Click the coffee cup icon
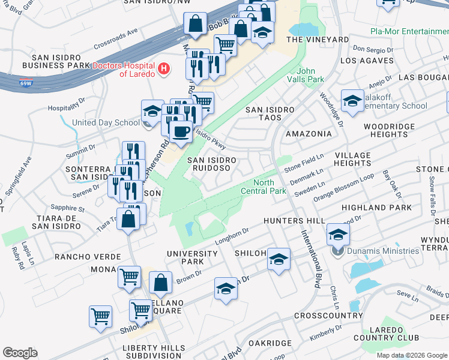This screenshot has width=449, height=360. tap(180, 131)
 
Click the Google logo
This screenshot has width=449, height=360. tap(20, 353)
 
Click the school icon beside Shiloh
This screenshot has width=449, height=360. tap(278, 259)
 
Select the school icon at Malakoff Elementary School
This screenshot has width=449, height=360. tap(352, 100)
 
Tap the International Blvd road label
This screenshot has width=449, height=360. tap(316, 252)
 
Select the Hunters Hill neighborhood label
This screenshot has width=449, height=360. tap(294, 221)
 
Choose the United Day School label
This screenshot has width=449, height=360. tap(106, 123)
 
